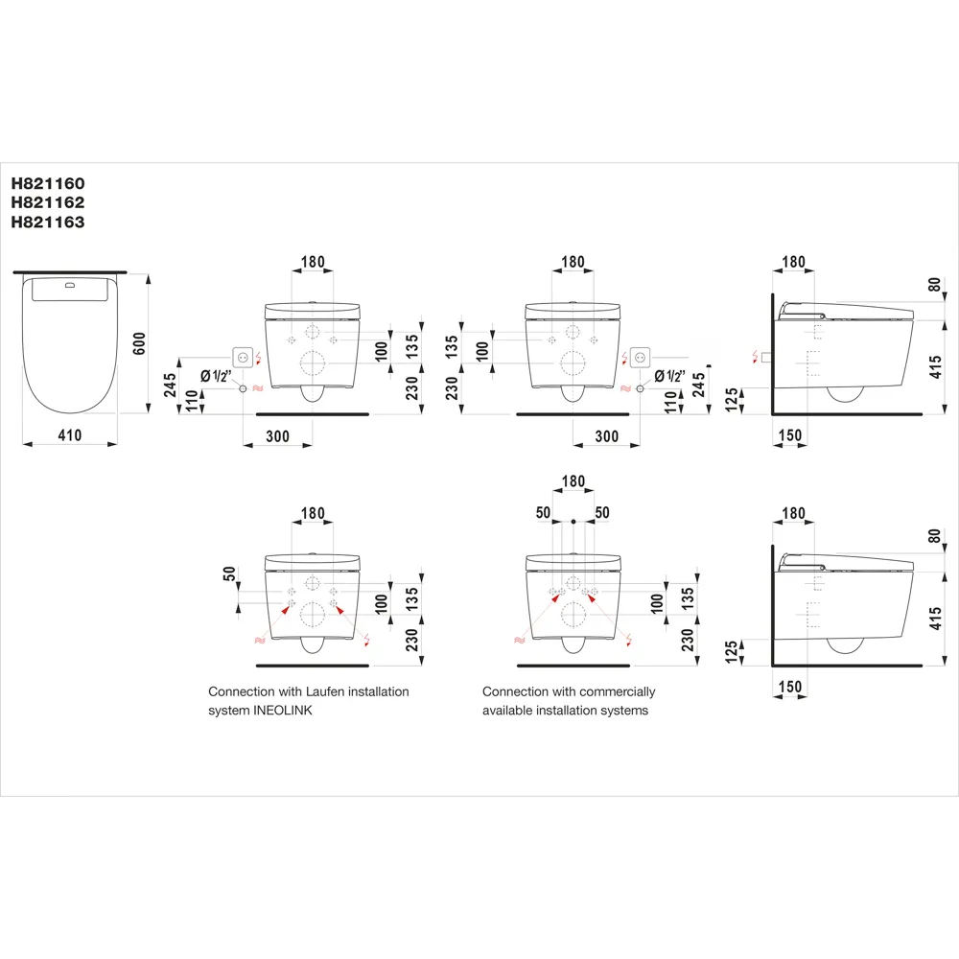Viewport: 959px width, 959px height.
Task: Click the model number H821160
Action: tap(47, 182)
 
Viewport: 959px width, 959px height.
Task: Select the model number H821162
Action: tap(47, 202)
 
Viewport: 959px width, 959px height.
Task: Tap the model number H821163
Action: tap(47, 222)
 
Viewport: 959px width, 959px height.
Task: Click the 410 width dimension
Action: tap(70, 435)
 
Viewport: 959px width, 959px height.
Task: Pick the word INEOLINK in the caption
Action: tap(283, 711)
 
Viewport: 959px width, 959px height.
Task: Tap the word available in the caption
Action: tap(510, 711)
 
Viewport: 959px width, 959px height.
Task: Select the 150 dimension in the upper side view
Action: tap(791, 436)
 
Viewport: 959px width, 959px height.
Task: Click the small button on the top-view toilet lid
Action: tap(70, 285)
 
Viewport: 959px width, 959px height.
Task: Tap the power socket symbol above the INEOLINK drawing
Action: tap(244, 357)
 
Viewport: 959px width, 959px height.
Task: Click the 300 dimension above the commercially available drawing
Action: tap(606, 436)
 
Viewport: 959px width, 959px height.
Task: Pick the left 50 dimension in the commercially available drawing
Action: tap(544, 513)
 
